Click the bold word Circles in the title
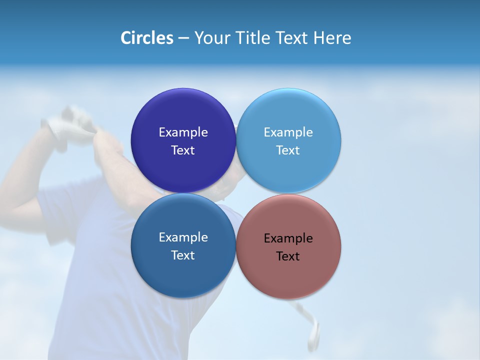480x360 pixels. click(147, 38)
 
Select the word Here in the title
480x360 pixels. click(332, 38)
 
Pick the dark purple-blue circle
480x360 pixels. click(183, 115)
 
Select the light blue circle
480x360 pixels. click(288, 115)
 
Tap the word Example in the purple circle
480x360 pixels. click(183, 132)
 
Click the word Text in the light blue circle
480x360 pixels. click(288, 150)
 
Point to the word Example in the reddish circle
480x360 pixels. click(288, 238)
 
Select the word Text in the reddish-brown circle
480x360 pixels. click(288, 256)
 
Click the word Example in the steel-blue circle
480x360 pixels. click(183, 237)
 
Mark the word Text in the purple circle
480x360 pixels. click(183, 150)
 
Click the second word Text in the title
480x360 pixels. click(293, 38)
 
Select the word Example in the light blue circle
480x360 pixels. click(288, 132)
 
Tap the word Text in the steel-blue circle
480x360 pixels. click(183, 255)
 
